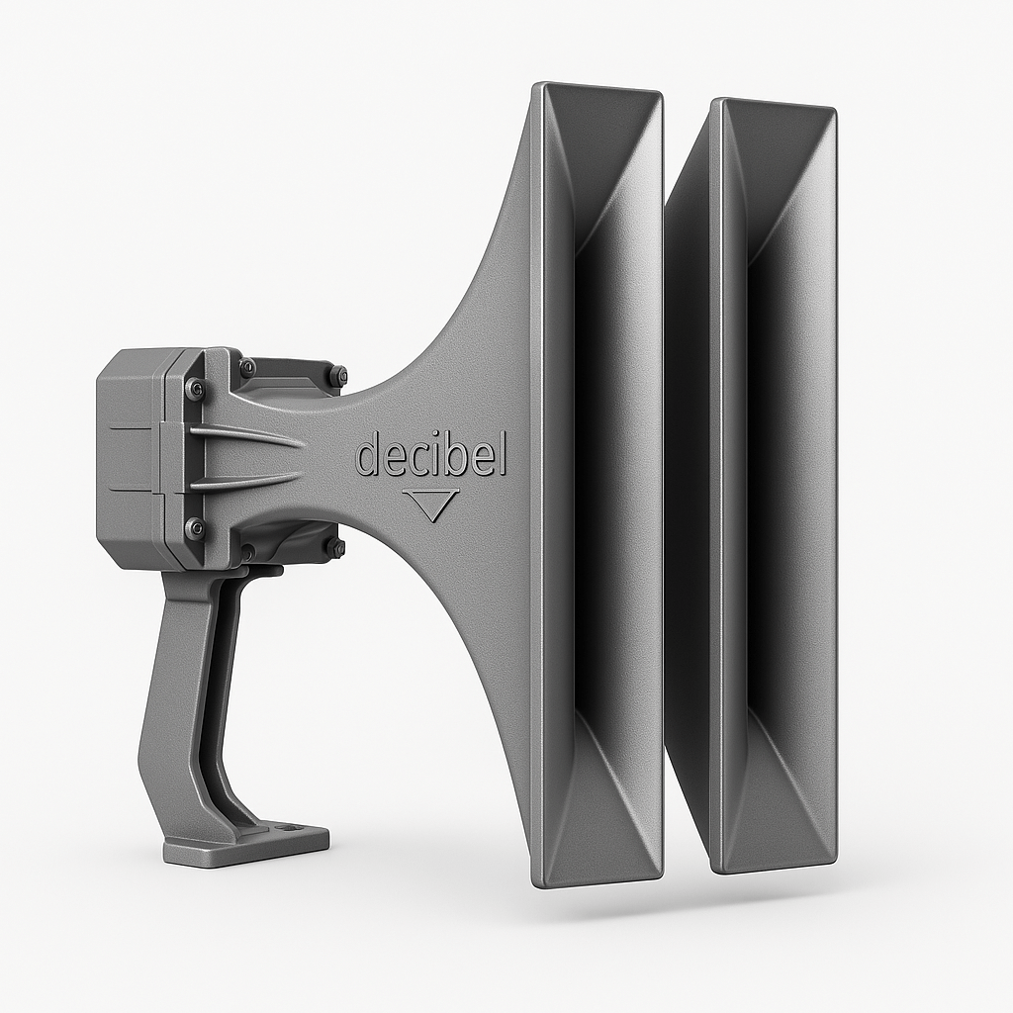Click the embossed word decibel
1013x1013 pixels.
tap(430, 456)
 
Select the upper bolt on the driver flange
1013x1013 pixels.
tap(195, 389)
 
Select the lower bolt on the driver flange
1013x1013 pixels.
tap(195, 528)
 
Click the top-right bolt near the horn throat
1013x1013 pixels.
tap(338, 375)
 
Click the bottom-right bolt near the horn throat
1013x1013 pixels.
tap(336, 547)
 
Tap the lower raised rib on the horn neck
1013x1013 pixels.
tap(247, 481)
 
